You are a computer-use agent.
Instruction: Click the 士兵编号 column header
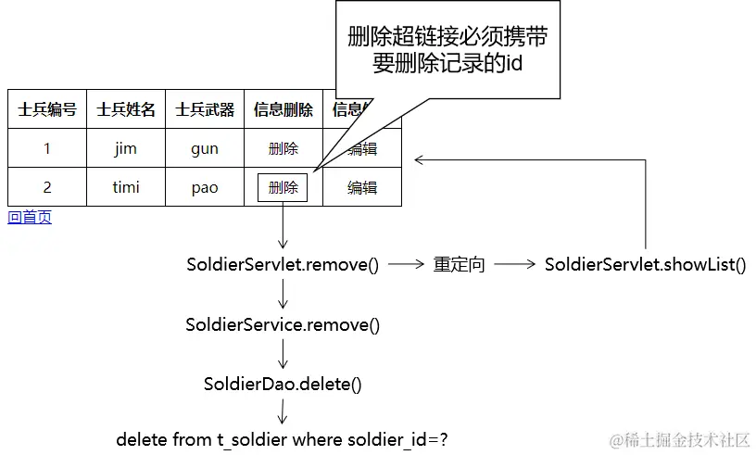(46, 109)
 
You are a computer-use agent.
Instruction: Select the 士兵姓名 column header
(126, 109)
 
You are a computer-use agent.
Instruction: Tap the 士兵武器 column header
(205, 109)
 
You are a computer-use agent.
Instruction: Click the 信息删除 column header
(283, 109)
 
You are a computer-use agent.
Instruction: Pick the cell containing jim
(126, 148)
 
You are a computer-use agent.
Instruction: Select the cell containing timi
(126, 187)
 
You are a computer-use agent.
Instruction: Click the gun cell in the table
(205, 148)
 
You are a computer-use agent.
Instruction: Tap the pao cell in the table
(205, 187)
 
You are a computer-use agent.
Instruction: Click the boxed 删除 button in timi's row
(283, 187)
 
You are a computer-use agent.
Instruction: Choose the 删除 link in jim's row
(283, 148)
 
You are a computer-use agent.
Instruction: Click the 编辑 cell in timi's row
(362, 187)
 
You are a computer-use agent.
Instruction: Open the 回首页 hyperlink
(30, 218)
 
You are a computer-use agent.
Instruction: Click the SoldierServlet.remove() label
(283, 265)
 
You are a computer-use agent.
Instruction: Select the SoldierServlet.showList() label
(645, 265)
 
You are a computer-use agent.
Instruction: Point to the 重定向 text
(459, 265)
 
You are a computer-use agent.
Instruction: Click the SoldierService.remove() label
(283, 325)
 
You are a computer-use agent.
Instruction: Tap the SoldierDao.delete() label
(283, 384)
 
